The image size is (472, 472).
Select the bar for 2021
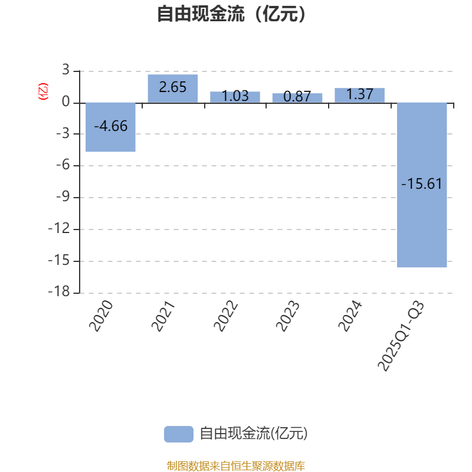(173, 88)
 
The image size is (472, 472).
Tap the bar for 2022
(235, 97)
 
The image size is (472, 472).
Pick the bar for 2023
(297, 98)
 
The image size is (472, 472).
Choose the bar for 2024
(359, 95)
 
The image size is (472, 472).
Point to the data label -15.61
(422, 184)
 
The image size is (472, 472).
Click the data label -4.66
(111, 126)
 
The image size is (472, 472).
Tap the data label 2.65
(173, 87)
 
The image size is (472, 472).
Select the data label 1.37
(359, 94)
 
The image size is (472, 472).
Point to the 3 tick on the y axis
(65, 71)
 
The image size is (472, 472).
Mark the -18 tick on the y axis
(59, 292)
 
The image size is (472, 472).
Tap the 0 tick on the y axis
(65, 103)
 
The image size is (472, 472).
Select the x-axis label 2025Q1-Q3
(402, 336)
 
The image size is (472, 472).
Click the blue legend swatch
(178, 434)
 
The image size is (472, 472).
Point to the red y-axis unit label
(42, 91)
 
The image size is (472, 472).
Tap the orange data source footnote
(236, 466)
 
